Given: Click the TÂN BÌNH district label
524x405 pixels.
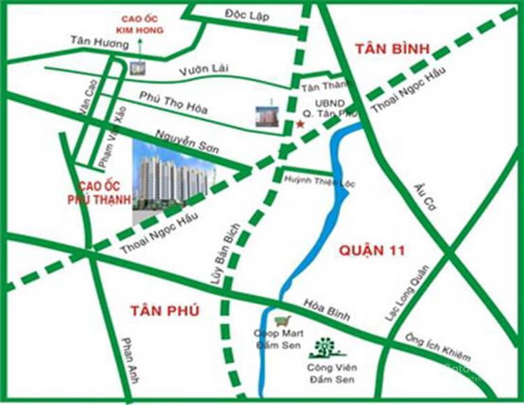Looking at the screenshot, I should (x=387, y=49).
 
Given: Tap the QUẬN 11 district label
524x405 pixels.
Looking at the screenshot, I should (x=370, y=251).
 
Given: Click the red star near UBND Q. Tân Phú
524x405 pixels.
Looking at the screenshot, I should (x=300, y=124).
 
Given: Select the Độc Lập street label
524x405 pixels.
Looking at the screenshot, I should (x=244, y=14).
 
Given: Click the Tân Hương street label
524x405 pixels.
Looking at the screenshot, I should (x=98, y=43).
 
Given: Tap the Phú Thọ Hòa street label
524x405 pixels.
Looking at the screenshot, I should (x=173, y=103).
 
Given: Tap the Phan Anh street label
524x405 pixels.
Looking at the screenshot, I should (x=129, y=360).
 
